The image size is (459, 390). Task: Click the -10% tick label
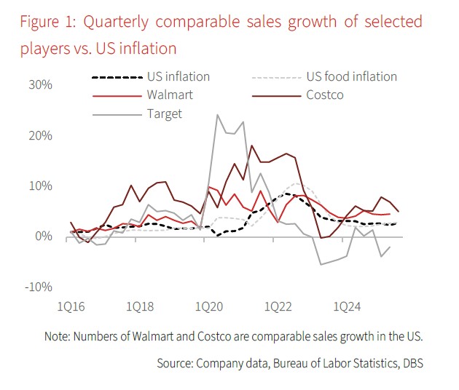pyautogui.click(x=39, y=287)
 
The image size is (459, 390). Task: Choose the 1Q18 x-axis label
pyautogui.click(x=141, y=306)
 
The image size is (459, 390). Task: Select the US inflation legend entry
pyautogui.click(x=178, y=76)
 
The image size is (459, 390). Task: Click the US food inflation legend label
pyautogui.click(x=352, y=76)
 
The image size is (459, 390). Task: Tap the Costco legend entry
pyautogui.click(x=326, y=95)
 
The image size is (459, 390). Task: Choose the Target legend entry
pyautogui.click(x=164, y=114)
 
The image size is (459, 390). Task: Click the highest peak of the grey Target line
pyautogui.click(x=217, y=115)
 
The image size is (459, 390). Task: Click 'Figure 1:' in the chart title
pyautogui.click(x=49, y=21)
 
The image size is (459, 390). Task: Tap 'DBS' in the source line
pyautogui.click(x=409, y=362)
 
